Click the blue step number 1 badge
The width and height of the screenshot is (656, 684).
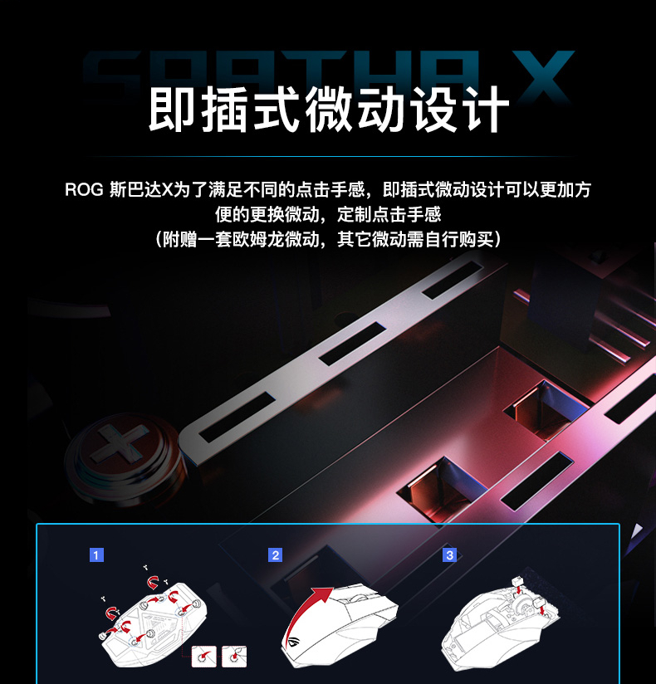click(x=96, y=555)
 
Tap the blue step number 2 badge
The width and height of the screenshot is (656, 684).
click(x=275, y=555)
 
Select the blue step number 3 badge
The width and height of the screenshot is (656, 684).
click(x=449, y=555)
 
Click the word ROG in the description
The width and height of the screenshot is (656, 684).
click(x=84, y=190)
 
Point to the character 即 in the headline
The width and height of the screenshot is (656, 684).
click(x=172, y=109)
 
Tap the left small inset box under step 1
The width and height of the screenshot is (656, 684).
click(x=203, y=657)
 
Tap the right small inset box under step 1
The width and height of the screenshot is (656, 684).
click(x=234, y=657)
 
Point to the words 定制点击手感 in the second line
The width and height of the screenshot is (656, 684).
click(x=389, y=215)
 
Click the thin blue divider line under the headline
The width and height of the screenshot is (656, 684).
click(x=328, y=156)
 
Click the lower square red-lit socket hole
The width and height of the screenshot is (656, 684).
click(x=441, y=489)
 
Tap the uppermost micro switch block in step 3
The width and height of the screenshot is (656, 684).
click(x=517, y=581)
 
